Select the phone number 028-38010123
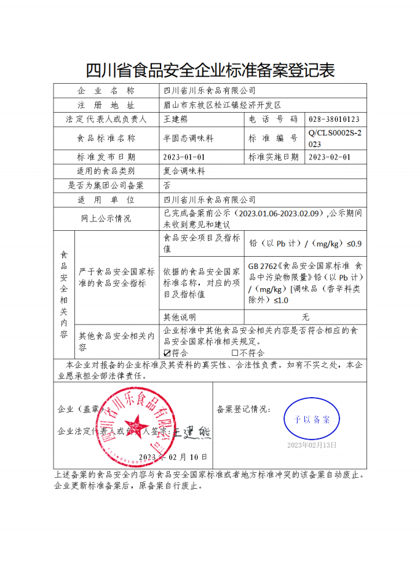[334, 119]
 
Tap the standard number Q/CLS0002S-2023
[335, 139]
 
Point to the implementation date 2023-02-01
[330, 157]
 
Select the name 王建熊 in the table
[177, 119]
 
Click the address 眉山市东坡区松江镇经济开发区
[221, 105]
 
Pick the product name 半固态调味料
[188, 139]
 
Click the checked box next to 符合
[167, 353]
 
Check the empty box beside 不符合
[234, 353]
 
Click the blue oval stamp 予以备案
[312, 419]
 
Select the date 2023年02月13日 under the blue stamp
[312, 444]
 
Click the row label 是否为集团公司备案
[106, 185]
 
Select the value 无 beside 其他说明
[305, 317]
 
